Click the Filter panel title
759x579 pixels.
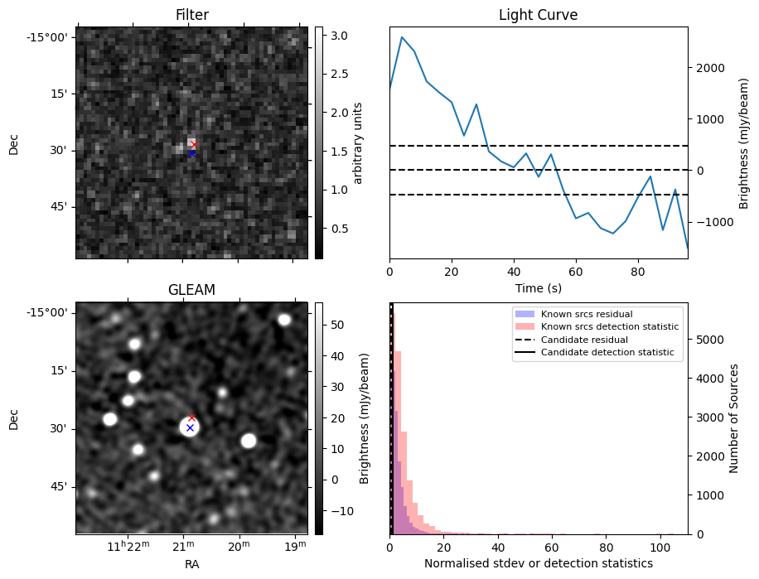(191, 15)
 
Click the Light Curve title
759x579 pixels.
(538, 15)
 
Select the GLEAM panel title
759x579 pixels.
(191, 290)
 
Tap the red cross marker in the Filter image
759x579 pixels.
(194, 145)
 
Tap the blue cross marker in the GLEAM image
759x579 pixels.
(190, 428)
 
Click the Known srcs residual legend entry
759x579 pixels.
(586, 314)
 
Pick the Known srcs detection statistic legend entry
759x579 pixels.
(609, 327)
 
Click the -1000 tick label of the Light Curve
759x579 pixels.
(708, 222)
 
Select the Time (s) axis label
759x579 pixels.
(538, 287)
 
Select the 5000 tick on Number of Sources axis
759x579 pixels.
(708, 339)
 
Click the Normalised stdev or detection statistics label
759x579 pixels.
(538, 563)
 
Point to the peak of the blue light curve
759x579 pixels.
(402, 36)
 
